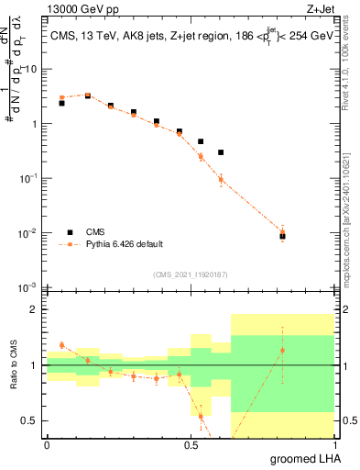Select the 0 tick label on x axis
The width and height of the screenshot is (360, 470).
click(47, 445)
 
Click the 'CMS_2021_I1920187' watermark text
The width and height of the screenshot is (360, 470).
click(190, 274)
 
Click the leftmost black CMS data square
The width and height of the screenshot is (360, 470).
click(61, 103)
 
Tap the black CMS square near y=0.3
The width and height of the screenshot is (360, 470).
click(221, 152)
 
